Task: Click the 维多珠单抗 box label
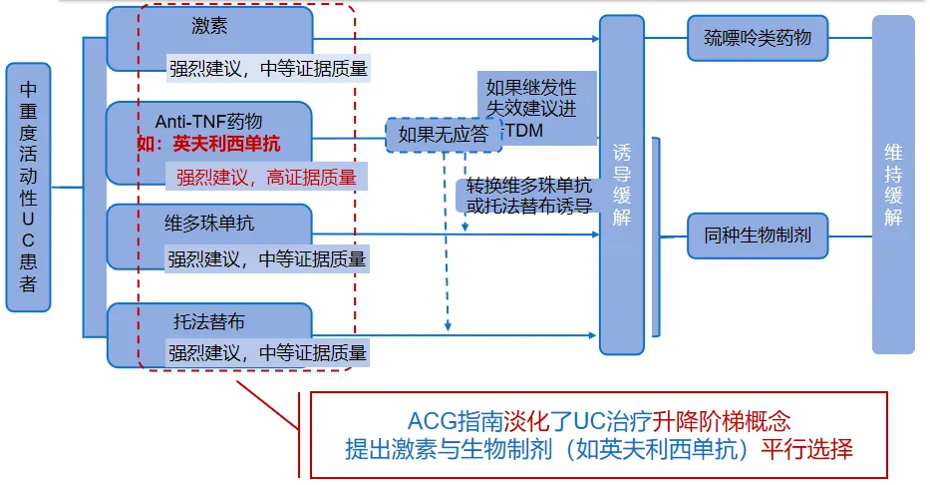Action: click(209, 223)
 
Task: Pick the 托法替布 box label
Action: click(209, 322)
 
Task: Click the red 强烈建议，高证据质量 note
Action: click(266, 178)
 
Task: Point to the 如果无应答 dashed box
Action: click(444, 134)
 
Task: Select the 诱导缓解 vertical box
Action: click(622, 185)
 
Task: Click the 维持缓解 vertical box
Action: click(893, 185)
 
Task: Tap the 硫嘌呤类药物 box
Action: click(758, 39)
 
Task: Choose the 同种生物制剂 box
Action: click(758, 237)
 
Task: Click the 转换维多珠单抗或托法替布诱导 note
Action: click(523, 196)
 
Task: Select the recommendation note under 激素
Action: click(267, 69)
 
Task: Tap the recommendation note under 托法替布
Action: click(267, 352)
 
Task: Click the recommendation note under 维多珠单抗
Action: click(267, 258)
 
